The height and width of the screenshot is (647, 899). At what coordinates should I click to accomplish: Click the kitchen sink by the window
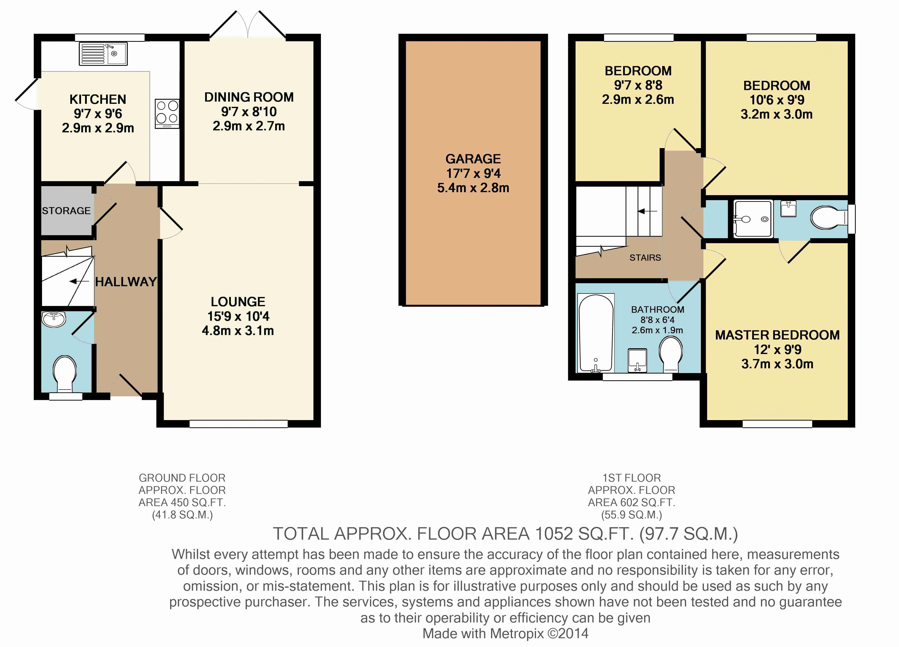point(103,54)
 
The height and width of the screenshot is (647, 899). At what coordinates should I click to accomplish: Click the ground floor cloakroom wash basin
point(54,319)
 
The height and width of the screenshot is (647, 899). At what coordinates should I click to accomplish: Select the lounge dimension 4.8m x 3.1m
point(238,331)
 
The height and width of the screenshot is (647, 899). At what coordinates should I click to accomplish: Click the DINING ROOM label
point(249,97)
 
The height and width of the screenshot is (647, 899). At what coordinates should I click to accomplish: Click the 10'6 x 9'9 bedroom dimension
point(777,100)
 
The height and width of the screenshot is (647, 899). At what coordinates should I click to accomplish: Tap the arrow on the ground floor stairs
point(79,281)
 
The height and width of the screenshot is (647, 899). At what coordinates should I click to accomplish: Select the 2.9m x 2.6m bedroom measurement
point(638,100)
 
